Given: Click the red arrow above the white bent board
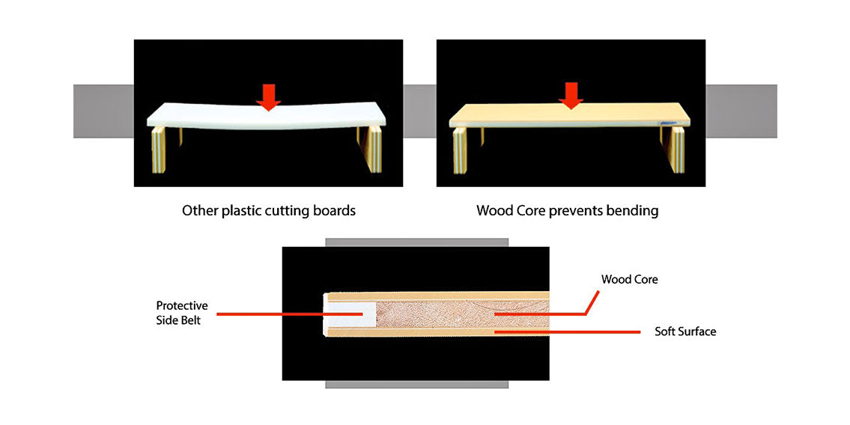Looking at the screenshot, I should (x=267, y=96).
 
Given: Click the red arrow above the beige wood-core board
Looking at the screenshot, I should (x=571, y=95).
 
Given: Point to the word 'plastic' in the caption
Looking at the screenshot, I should (x=241, y=211).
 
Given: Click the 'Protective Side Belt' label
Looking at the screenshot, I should (x=182, y=313).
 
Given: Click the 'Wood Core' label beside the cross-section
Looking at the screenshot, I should (x=629, y=279).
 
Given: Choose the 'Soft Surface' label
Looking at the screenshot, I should (x=684, y=331).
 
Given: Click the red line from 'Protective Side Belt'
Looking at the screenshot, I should (x=285, y=314).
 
